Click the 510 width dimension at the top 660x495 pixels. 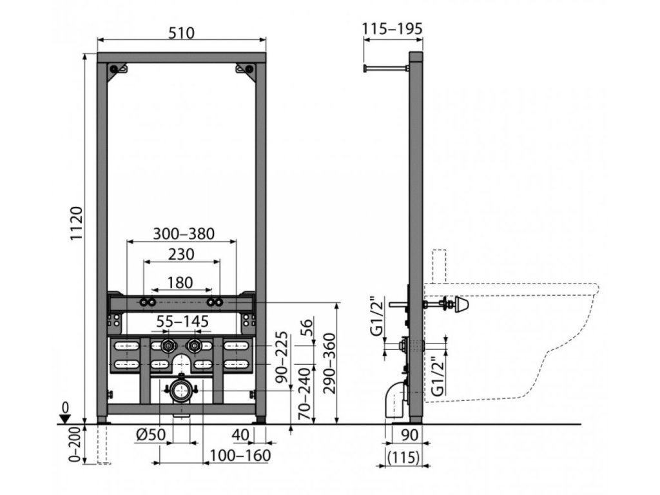182,32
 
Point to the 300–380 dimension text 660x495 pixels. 183,233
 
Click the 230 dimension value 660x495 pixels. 181,255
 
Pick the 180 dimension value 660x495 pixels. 181,282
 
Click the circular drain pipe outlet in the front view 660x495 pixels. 180,390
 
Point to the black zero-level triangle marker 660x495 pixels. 63,418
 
